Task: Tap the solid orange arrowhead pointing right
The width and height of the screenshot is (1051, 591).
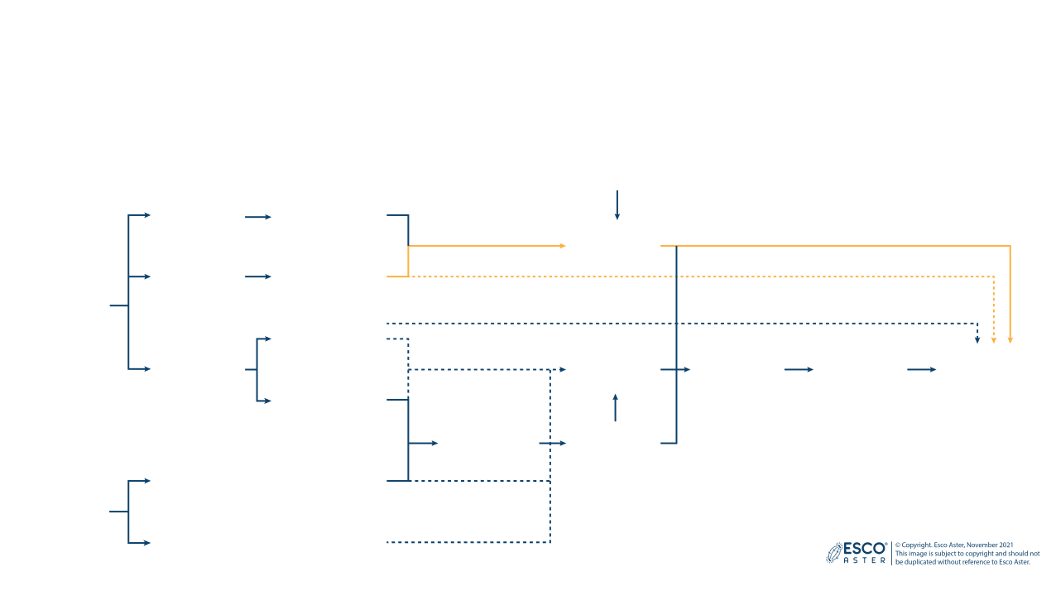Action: pyautogui.click(x=563, y=246)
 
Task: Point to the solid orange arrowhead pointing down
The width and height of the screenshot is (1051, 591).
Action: pyautogui.click(x=1010, y=339)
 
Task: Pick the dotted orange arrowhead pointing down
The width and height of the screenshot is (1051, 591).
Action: pyautogui.click(x=994, y=339)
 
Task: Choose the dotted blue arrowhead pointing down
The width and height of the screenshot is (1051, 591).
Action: pyautogui.click(x=977, y=339)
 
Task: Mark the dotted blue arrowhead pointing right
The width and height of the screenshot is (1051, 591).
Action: pyautogui.click(x=563, y=369)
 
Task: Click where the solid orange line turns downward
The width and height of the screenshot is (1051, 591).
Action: pyautogui.click(x=1010, y=247)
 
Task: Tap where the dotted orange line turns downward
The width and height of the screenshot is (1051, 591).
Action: pyautogui.click(x=994, y=276)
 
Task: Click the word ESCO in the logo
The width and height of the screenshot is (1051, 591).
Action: pyautogui.click(x=864, y=548)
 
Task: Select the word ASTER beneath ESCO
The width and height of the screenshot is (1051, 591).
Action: pyautogui.click(x=864, y=560)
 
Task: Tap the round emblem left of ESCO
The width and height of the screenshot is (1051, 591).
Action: pyautogui.click(x=834, y=553)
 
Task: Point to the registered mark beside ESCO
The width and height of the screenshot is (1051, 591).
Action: pyautogui.click(x=887, y=544)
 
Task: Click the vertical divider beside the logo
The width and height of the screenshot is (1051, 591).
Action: pyautogui.click(x=891, y=553)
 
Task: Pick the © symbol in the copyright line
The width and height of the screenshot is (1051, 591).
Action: pyautogui.click(x=898, y=545)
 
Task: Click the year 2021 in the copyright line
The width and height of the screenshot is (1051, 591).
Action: pyautogui.click(x=1005, y=545)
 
